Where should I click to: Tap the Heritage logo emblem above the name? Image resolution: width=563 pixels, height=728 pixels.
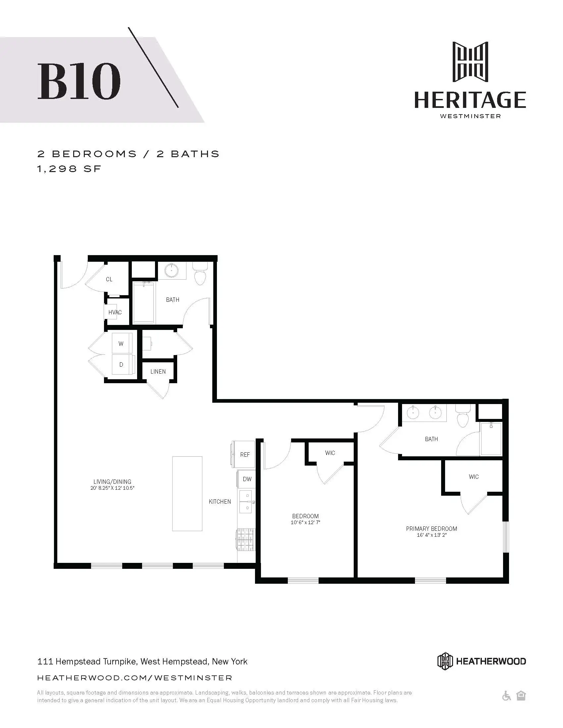point(470,62)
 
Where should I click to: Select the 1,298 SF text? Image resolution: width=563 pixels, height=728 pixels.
point(69,169)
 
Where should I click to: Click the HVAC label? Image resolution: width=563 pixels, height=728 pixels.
point(115,312)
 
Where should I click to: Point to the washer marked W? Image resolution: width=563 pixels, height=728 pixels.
point(121,343)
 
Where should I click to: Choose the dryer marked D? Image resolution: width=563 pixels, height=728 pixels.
point(121,365)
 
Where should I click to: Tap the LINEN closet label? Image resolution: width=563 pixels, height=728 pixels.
point(158,371)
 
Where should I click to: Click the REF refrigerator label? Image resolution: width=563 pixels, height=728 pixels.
point(245,455)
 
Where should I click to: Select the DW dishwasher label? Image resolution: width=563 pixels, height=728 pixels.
point(247,479)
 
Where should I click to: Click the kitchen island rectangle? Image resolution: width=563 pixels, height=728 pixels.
point(187,493)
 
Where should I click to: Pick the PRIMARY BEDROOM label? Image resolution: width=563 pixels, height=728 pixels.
point(431,529)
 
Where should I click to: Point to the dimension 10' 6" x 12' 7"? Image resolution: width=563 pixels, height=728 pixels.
point(305,523)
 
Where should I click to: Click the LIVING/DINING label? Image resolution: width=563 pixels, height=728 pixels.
point(112,482)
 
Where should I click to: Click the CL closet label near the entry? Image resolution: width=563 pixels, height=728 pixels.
point(109,279)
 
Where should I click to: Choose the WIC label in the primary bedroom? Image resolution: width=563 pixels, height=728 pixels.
point(474,477)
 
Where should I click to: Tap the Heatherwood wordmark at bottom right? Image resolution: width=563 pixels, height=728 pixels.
point(490,661)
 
